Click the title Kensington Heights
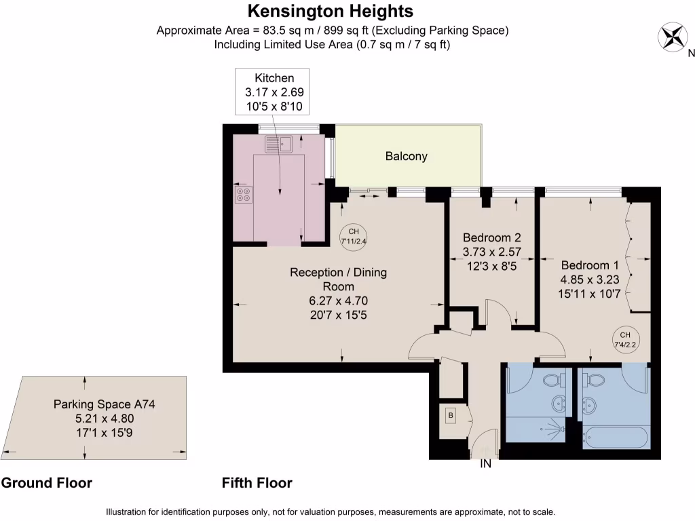331,12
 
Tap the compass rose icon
673,36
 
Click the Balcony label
406,156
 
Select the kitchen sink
279,144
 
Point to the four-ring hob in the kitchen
244,195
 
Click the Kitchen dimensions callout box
274,92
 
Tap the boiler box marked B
450,415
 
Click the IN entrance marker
485,465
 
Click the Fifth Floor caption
257,483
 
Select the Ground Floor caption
46,483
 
